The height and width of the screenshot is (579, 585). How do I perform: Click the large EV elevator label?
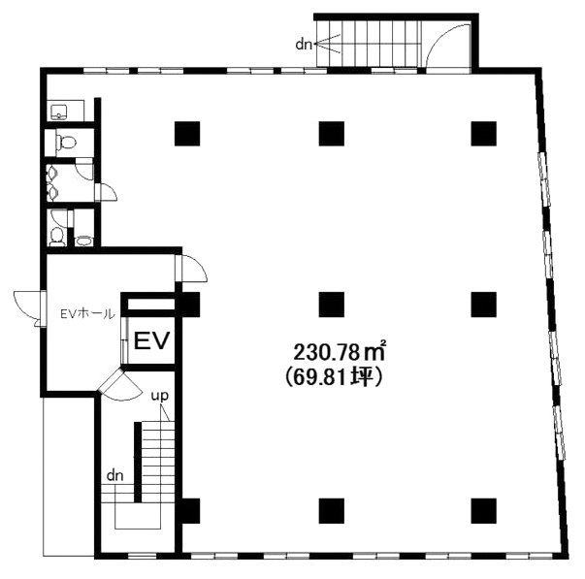151,340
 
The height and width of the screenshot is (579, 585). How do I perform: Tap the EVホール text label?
87,314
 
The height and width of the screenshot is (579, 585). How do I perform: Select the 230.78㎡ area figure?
340,353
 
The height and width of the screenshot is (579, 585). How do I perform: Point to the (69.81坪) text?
334,378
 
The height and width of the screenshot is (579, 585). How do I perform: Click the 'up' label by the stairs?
160,397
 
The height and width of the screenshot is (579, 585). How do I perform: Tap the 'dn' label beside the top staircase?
304,45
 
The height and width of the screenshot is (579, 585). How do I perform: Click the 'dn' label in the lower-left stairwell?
114,475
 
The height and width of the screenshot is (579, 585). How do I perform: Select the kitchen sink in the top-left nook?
59,112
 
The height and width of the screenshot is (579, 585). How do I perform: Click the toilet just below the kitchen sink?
66,142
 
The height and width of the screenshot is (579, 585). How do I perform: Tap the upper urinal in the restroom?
52,173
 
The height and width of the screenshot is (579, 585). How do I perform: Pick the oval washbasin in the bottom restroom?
84,241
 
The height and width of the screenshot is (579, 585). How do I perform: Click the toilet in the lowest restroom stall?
57,237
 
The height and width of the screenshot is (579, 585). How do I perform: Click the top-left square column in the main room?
187,134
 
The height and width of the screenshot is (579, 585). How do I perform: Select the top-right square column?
483,134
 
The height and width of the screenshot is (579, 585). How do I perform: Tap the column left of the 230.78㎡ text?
332,305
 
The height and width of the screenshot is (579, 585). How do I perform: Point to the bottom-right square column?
483,511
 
